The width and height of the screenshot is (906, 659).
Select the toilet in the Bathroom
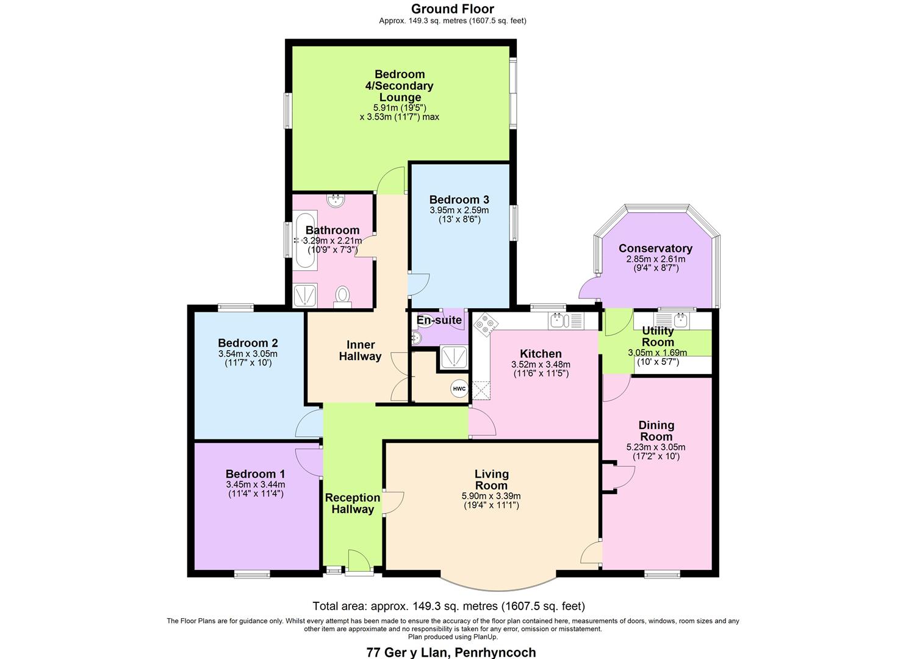pos(343,296)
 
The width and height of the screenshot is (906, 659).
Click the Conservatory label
pos(655,248)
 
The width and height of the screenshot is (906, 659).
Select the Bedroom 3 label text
pos(459,200)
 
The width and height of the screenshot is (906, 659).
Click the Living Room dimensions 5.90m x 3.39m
pos(491,496)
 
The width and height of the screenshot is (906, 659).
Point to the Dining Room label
pos(656,431)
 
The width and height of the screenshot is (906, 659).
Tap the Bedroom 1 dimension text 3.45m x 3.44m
pos(256,485)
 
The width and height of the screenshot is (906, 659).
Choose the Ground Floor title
pos(452,9)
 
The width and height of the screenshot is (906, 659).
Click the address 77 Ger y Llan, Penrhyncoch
pos(451,652)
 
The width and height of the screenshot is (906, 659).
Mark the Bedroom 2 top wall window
pos(236,308)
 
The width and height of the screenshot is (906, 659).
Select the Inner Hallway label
pos(360,350)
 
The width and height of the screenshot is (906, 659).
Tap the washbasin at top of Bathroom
pos(334,200)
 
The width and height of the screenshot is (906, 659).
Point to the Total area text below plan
pos(448,606)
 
